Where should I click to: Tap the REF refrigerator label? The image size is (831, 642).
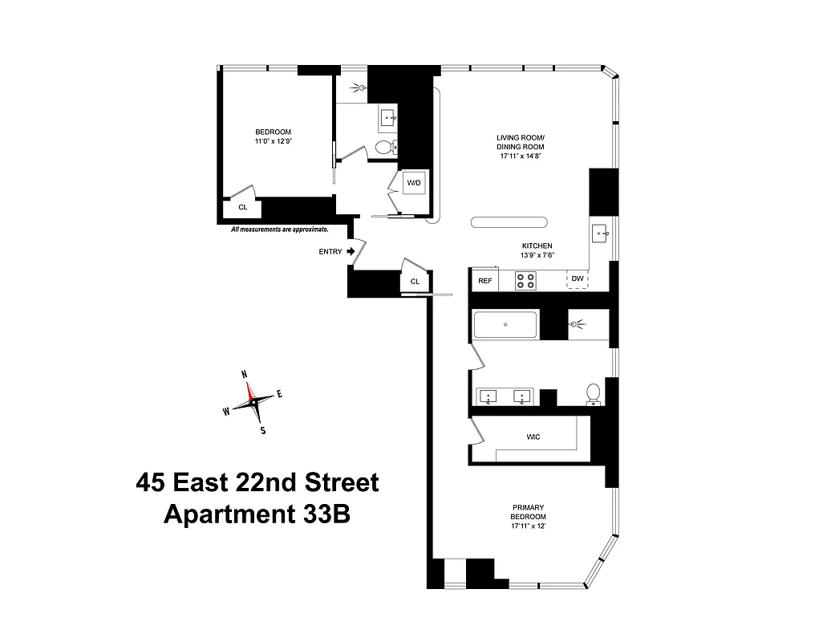484,281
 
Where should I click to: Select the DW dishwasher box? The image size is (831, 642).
577,280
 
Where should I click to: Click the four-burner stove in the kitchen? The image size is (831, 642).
525,280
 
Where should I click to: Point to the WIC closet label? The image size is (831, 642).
533,437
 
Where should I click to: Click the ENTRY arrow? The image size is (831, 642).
351,251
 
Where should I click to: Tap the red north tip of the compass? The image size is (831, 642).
249,389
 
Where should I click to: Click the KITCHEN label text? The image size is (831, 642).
537,246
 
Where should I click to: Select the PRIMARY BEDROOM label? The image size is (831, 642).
529,512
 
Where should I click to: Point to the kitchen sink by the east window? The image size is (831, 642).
602,234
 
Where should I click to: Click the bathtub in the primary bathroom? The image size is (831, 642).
505,325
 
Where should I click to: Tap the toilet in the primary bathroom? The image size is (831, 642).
594,393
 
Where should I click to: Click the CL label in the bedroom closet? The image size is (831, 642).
243,207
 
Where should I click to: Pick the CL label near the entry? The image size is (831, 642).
415,282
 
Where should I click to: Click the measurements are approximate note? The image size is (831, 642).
279,230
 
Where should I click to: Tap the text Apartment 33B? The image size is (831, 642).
257,514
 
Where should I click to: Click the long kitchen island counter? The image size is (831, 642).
509,223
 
